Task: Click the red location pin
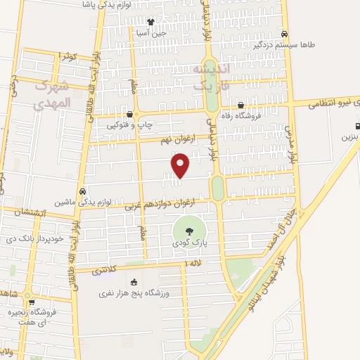click(181, 166)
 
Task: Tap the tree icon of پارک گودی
click(188, 230)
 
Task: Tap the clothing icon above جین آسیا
click(150, 21)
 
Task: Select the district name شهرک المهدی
click(53, 96)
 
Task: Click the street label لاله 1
click(191, 263)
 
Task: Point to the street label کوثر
click(67, 56)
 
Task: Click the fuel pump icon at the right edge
click(356, 127)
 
